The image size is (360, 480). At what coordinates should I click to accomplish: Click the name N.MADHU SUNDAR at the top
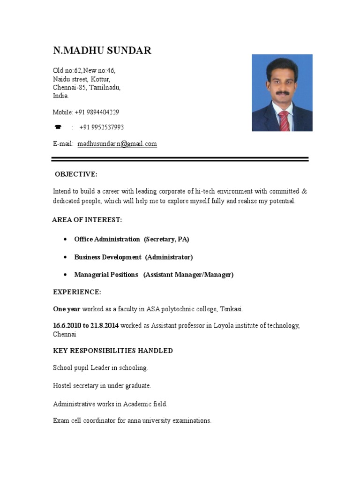click(x=102, y=51)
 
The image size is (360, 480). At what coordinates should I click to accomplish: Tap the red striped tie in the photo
click(x=284, y=121)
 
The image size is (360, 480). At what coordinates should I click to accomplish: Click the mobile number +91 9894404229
click(x=97, y=112)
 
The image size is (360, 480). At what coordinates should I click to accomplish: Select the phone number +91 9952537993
click(x=102, y=127)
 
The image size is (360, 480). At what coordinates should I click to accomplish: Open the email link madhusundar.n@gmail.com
click(x=117, y=144)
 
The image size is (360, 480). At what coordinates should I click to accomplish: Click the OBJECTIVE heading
click(x=76, y=174)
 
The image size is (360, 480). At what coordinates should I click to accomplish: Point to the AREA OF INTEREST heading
click(x=87, y=220)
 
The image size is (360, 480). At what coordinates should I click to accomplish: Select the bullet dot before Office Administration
click(x=64, y=240)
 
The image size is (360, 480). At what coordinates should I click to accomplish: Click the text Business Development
click(x=107, y=257)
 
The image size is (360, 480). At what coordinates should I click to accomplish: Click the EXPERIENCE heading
click(x=77, y=292)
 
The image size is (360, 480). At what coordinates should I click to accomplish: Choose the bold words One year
click(x=67, y=309)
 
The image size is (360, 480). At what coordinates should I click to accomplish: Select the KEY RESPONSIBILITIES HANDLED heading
click(x=113, y=351)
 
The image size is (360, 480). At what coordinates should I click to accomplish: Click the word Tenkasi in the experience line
click(x=230, y=309)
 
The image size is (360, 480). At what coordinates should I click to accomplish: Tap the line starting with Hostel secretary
click(x=102, y=386)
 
